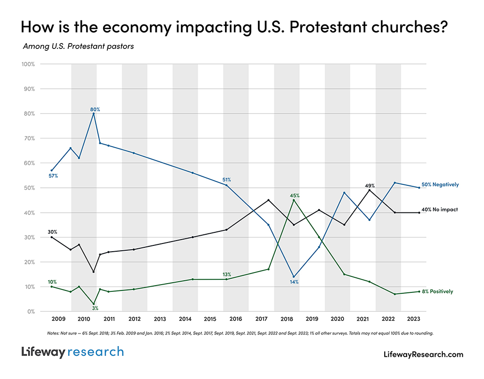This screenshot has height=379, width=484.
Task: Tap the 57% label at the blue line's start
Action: click(x=53, y=176)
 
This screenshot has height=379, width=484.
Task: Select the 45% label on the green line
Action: click(x=295, y=196)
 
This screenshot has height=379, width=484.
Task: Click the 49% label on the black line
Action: click(x=369, y=185)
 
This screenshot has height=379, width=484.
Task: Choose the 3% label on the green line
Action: click(x=95, y=308)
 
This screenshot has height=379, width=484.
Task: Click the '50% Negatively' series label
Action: click(x=439, y=185)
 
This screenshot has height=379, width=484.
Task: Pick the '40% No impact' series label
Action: click(x=439, y=210)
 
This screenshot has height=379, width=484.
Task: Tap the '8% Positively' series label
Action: click(x=437, y=291)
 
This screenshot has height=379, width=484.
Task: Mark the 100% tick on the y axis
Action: click(x=27, y=64)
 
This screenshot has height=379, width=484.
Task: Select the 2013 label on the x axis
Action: click(x=160, y=319)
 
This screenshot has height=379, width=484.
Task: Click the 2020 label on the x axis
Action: click(x=337, y=319)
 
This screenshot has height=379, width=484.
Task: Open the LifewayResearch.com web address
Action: click(x=423, y=354)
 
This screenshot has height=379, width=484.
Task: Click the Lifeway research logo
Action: click(x=73, y=352)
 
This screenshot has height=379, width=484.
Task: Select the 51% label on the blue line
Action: click(x=226, y=180)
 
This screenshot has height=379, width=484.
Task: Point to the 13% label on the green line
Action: click(x=226, y=274)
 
